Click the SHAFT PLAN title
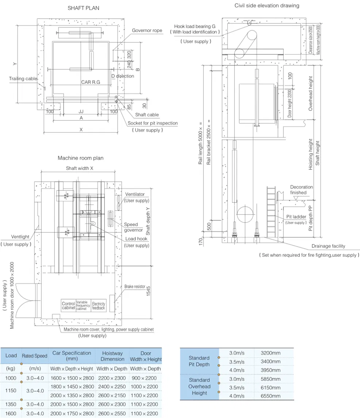[x=83, y=8]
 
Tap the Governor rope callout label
[x=147, y=31]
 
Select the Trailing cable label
[x=23, y=79]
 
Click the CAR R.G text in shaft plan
[x=91, y=82]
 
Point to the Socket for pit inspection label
[x=153, y=123]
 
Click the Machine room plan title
[x=80, y=158]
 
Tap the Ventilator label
[x=135, y=194]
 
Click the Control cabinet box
[x=68, y=306]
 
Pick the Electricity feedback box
[x=99, y=306]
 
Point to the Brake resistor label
[x=135, y=287]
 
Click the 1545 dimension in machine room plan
[x=149, y=290]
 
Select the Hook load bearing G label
[x=195, y=27]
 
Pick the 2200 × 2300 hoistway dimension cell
[x=112, y=378]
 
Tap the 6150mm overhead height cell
[x=271, y=388]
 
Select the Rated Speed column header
[x=35, y=356]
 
